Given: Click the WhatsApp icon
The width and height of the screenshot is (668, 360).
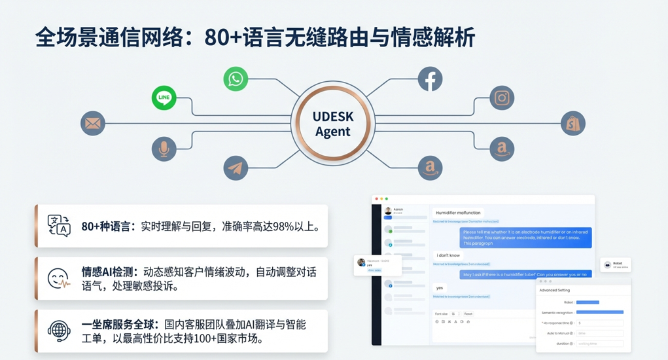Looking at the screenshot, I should [x=236, y=79].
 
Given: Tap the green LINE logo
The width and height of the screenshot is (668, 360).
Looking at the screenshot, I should [x=164, y=98].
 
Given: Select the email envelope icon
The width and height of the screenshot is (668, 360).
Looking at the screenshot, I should [x=93, y=123].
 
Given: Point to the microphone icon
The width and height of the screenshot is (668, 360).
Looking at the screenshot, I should [x=164, y=149].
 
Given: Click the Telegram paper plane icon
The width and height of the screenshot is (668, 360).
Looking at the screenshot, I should [x=236, y=168].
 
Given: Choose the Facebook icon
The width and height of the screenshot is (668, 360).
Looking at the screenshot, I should [x=430, y=79].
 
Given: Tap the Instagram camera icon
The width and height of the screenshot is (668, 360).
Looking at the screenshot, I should [x=502, y=98].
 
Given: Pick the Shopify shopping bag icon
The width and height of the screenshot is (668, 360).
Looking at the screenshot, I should [x=573, y=123].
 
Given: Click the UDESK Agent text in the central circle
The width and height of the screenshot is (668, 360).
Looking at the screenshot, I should [x=332, y=124].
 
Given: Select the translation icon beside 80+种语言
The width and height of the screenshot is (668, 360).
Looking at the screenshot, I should [x=59, y=226].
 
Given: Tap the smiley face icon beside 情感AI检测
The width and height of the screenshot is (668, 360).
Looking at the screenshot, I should [x=59, y=279].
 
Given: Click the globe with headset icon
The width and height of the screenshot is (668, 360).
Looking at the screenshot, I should [x=59, y=331].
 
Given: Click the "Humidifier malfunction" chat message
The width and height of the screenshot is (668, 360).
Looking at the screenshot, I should [x=458, y=213].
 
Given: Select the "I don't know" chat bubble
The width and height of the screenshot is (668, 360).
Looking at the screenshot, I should [x=448, y=255].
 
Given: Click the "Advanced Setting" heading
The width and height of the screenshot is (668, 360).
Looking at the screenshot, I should [x=554, y=290].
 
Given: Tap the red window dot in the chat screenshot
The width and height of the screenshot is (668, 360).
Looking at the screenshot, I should [x=376, y=199].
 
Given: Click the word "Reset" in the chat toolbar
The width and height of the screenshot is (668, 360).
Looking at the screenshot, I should [x=468, y=314].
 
